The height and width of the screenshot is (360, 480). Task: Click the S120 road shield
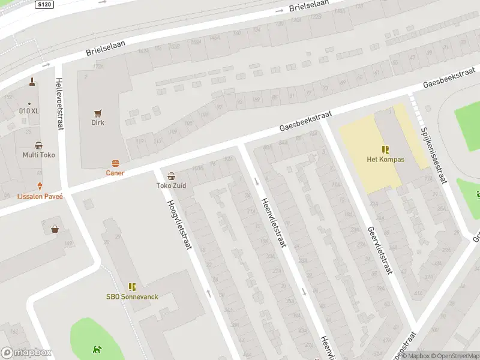pos(44,4)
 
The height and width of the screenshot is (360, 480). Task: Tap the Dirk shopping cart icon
pos(98,112)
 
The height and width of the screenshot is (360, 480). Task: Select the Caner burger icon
pos(115,163)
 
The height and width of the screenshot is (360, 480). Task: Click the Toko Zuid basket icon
pos(172,176)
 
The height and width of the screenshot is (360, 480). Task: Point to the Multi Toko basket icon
pos(39,145)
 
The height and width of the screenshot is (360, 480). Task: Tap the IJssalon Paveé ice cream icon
pos(40,186)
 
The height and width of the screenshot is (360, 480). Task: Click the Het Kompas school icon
pos(385,149)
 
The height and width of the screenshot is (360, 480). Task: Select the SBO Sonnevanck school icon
pos(132,287)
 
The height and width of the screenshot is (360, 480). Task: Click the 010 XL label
pos(28,110)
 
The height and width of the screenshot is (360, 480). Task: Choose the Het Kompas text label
pos(386,160)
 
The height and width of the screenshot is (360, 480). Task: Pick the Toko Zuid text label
pos(172,186)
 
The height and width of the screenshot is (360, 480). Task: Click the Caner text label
pos(115,173)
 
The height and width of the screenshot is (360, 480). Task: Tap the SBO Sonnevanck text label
pos(132,297)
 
